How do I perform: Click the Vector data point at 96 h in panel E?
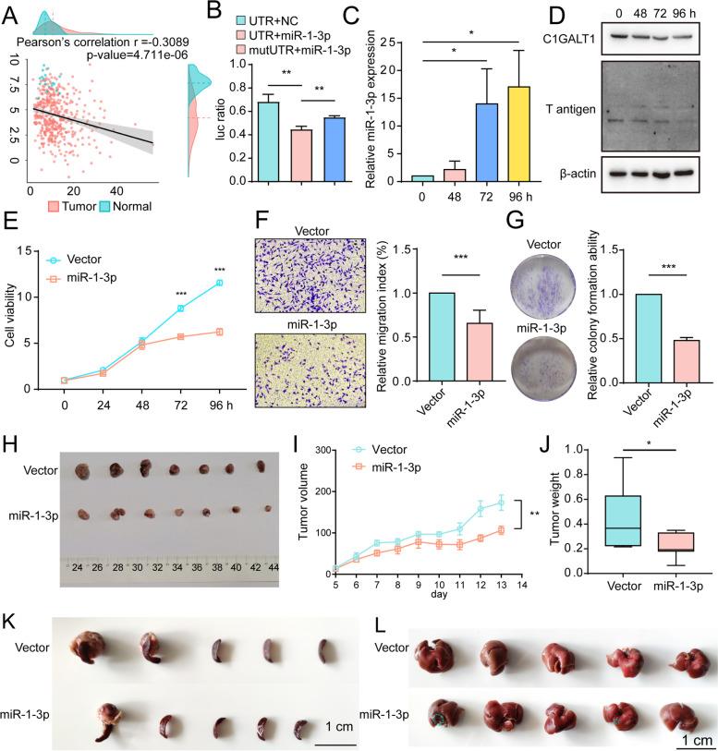click(x=218, y=283)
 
